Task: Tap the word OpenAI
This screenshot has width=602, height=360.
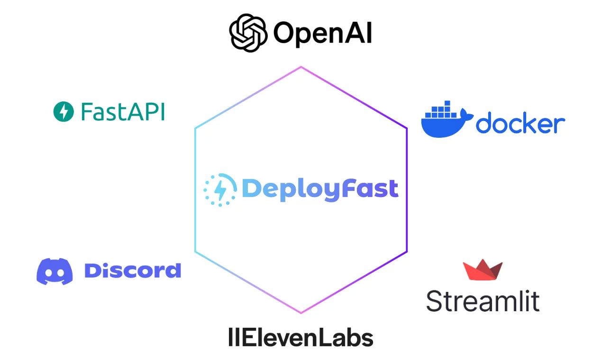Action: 322,34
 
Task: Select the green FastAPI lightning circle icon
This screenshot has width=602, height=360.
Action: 64,112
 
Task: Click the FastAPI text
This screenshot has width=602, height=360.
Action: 123,112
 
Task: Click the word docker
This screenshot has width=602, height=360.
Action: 520,124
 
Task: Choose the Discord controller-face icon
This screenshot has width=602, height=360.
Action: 55,271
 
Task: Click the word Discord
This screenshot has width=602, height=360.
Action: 132,270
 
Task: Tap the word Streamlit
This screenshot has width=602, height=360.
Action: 483,301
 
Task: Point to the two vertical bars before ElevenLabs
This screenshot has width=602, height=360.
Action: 232,338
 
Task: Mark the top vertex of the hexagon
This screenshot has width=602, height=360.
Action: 301,67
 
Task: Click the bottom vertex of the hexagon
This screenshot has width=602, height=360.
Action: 301,313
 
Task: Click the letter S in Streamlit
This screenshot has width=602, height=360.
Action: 434,301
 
